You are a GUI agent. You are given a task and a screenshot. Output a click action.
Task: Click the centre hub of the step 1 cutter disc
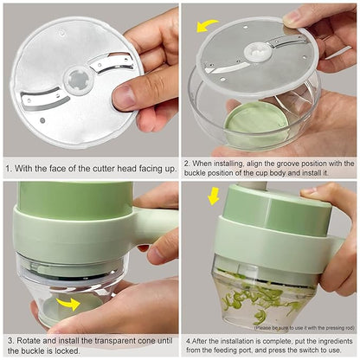click(x=79, y=80)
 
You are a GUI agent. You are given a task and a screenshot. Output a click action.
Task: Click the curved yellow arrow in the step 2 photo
click(x=207, y=25)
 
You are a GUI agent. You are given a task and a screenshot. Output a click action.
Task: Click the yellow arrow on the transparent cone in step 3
click(x=68, y=304)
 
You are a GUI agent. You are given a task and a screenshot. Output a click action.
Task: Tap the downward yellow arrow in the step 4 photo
click(x=214, y=196)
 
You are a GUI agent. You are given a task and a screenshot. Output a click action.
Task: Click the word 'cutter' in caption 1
click(x=104, y=168)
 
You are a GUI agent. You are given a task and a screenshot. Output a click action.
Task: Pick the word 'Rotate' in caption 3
click(x=29, y=340)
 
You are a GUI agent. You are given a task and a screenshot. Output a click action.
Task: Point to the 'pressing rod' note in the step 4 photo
click(x=305, y=328)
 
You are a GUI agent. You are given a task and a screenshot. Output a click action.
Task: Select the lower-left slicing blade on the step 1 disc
click(x=45, y=100)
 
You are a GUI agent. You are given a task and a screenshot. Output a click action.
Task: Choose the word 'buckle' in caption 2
click(x=195, y=173)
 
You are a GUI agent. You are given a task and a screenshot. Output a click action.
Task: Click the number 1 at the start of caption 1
click(x=8, y=168)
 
